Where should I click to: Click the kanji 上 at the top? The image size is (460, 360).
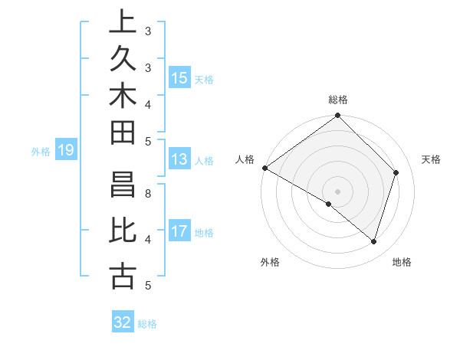[123, 22]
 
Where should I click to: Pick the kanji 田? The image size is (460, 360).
[123, 137]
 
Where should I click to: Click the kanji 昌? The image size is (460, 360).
[123, 189]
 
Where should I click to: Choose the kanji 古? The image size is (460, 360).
[123, 276]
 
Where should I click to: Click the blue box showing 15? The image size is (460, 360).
[179, 78]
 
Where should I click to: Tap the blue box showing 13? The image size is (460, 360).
[179, 160]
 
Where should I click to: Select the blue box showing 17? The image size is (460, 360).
[179, 231]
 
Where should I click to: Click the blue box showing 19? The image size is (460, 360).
[66, 151]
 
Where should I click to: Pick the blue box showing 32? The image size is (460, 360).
[123, 322]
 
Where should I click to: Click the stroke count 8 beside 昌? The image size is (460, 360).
[148, 194]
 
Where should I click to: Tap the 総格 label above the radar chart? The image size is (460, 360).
[337, 100]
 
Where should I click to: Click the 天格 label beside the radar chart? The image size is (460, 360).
[431, 159]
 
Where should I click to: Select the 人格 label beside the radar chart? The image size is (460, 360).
[245, 159]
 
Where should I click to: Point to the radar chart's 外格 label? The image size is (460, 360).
[270, 262]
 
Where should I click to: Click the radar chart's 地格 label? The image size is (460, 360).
[402, 262]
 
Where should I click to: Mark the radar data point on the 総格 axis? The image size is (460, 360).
[337, 116]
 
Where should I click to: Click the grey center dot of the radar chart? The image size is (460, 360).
[337, 191]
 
